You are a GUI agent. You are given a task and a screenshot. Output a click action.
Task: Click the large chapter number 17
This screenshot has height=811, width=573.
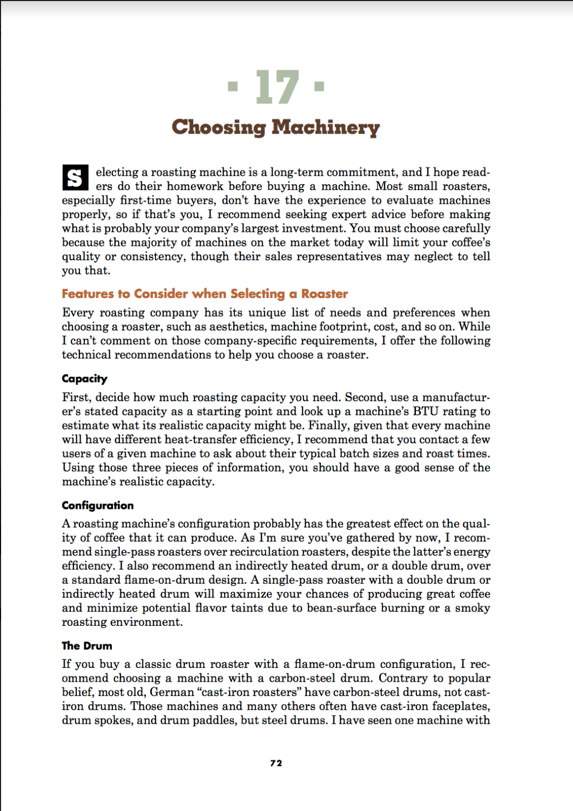pos(277,87)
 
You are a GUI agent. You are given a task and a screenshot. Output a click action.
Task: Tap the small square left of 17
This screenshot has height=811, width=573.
pos(233,86)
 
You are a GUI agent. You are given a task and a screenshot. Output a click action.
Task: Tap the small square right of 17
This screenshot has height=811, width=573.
pos(319,86)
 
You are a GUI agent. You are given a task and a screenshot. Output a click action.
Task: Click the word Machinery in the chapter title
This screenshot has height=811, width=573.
pos(325,128)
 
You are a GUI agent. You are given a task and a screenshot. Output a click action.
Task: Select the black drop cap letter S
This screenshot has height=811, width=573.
pos(75,178)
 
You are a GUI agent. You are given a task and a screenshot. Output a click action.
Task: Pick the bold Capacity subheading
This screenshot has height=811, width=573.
pos(85,379)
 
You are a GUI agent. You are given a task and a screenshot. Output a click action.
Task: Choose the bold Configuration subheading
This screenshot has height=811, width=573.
pos(97,506)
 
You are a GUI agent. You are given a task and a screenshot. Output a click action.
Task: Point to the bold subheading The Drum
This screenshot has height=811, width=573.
pos(87,646)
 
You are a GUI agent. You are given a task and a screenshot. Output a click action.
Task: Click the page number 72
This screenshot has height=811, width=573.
pos(276,763)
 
